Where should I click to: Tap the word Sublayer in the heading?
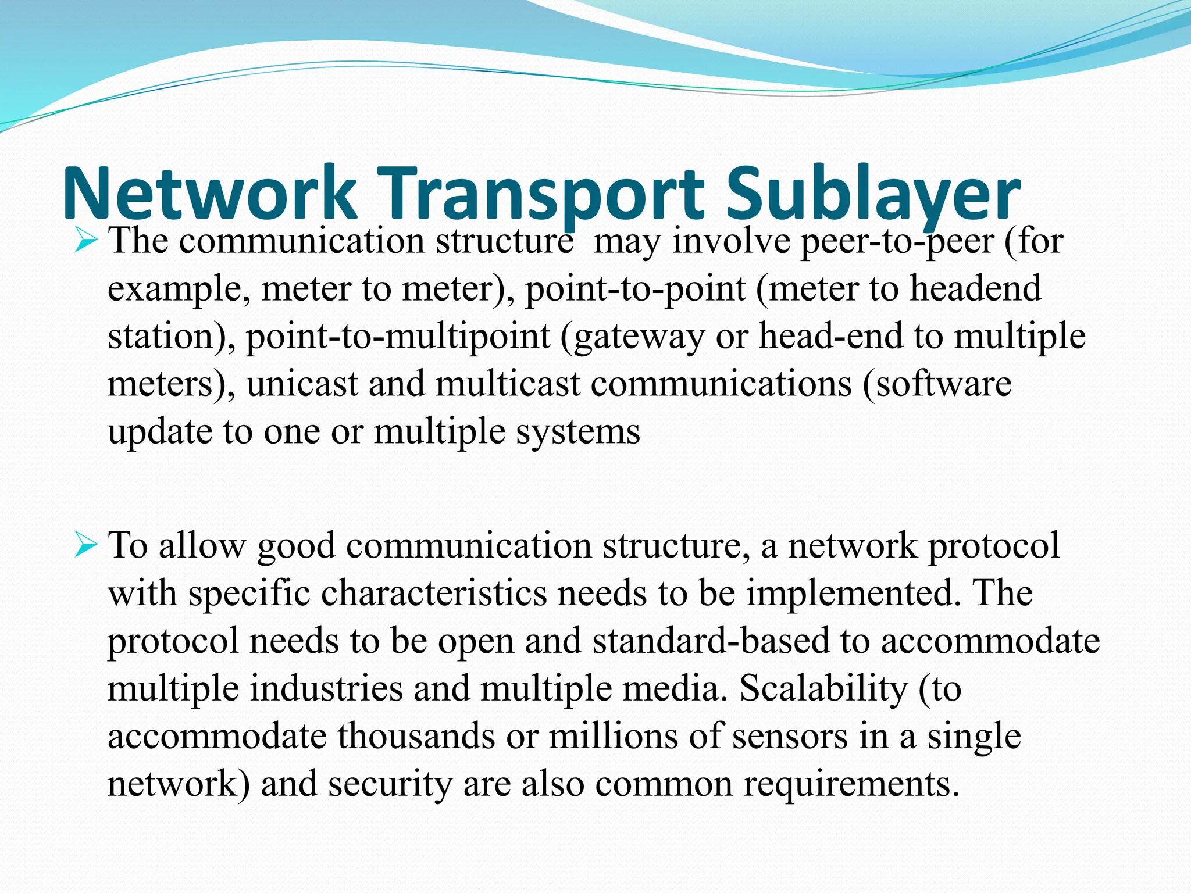pyautogui.click(x=873, y=194)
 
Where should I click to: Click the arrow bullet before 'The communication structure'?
pyautogui.click(x=85, y=241)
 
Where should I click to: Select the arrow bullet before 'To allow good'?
pyautogui.click(x=85, y=546)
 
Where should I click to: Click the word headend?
pyautogui.click(x=975, y=288)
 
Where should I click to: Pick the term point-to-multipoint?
pyautogui.click(x=398, y=336)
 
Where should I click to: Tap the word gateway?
pyautogui.click(x=633, y=337)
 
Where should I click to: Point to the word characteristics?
pyautogui.click(x=434, y=594)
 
